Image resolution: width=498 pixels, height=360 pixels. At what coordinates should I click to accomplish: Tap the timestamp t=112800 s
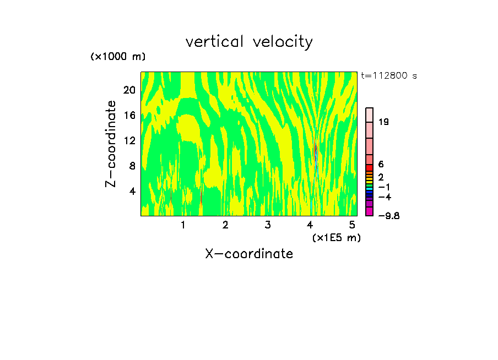tap(389, 75)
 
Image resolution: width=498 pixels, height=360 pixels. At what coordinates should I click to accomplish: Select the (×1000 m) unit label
tap(118, 57)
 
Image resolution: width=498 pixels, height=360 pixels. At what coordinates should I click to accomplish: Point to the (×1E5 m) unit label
tap(336, 237)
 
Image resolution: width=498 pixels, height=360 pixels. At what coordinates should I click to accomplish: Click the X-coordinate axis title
tap(249, 254)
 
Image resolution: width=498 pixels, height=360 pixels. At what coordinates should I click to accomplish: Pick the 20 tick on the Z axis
tap(129, 90)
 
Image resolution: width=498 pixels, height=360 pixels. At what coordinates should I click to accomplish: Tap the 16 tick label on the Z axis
tap(129, 115)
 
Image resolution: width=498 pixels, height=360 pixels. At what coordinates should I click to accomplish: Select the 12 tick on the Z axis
tap(129, 140)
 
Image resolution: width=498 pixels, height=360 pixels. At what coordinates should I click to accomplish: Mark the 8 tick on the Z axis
tap(132, 166)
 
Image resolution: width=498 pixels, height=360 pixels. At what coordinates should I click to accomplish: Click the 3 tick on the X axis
tap(268, 225)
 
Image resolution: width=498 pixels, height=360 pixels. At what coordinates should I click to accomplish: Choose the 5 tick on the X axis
tap(352, 225)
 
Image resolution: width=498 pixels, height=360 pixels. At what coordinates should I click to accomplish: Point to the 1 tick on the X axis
tap(183, 225)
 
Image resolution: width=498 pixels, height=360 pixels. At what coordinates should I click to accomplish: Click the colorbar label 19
tap(383, 122)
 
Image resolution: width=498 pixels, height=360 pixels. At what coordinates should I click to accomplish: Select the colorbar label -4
tap(385, 197)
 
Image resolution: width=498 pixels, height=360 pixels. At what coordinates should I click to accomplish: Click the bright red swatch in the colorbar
tap(370, 167)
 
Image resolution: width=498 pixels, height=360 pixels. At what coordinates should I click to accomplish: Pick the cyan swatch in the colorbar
tap(370, 188)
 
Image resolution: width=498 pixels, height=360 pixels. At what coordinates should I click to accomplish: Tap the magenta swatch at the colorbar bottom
tap(370, 211)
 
